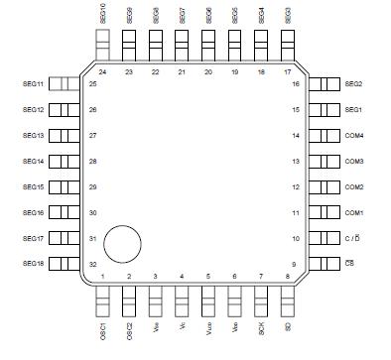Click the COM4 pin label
(x=354, y=135)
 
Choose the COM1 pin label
(x=354, y=213)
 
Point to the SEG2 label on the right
(x=353, y=84)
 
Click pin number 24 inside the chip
(x=103, y=72)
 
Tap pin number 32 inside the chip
(x=92, y=264)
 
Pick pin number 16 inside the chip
(x=296, y=84)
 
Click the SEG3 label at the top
(x=287, y=14)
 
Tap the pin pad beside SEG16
(x=63, y=213)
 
